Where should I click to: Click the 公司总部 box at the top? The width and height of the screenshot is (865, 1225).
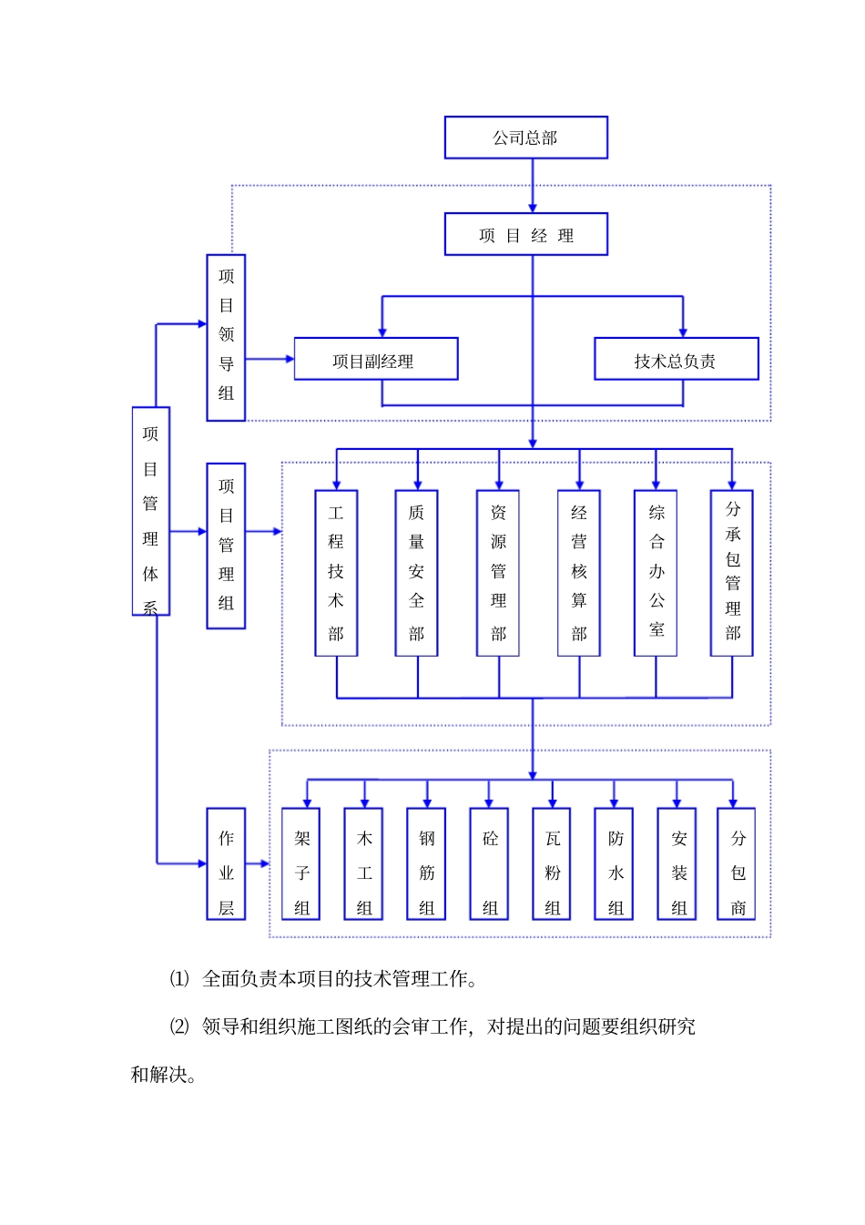pyautogui.click(x=525, y=138)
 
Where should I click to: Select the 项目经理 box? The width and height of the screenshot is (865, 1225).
pyautogui.click(x=525, y=235)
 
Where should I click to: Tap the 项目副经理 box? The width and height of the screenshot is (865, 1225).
pyautogui.click(x=375, y=360)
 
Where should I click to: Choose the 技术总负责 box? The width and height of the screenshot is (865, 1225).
pyautogui.click(x=676, y=360)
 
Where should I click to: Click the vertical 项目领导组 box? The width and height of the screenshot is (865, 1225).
pyautogui.click(x=226, y=337)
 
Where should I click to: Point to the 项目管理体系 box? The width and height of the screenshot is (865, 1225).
pyautogui.click(x=151, y=511)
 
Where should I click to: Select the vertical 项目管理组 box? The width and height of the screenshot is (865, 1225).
pyautogui.click(x=226, y=546)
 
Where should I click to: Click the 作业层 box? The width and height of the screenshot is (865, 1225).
pyautogui.click(x=226, y=863)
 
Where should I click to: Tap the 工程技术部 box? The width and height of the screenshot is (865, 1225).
pyautogui.click(x=336, y=573)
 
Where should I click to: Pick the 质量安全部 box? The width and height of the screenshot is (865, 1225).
pyautogui.click(x=416, y=573)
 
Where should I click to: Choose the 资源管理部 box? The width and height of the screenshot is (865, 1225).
pyautogui.click(x=498, y=573)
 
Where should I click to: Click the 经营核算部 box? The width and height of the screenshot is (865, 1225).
pyautogui.click(x=579, y=573)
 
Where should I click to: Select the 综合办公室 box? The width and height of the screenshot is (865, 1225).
pyautogui.click(x=656, y=573)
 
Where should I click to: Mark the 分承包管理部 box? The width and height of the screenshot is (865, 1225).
pyautogui.click(x=732, y=573)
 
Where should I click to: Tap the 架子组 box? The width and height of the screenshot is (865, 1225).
pyautogui.click(x=301, y=863)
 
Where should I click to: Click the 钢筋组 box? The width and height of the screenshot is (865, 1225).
pyautogui.click(x=426, y=863)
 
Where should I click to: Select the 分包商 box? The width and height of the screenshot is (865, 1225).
pyautogui.click(x=737, y=863)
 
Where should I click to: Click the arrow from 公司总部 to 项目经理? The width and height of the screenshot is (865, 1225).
pyautogui.click(x=533, y=187)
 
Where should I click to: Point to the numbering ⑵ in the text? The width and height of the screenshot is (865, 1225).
pyautogui.click(x=179, y=1026)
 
